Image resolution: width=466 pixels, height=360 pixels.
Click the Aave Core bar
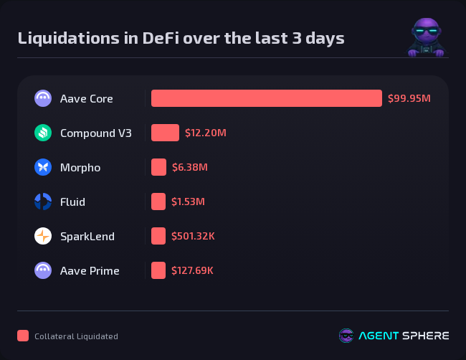pos(266,98)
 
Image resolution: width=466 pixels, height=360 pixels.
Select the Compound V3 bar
pos(165,133)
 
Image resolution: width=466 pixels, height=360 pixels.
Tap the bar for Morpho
pos(158,167)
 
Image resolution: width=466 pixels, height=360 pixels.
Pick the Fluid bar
pos(158,202)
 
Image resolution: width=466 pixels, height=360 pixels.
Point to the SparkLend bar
pos(158,236)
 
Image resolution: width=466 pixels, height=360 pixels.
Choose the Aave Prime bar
pos(158,270)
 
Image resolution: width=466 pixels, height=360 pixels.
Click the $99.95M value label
pos(409,98)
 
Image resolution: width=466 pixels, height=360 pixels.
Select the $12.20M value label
pos(206,133)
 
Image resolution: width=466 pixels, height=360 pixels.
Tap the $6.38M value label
pos(190,167)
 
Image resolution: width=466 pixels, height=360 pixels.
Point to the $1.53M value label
pos(189,202)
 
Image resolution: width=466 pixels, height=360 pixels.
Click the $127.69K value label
pos(192,270)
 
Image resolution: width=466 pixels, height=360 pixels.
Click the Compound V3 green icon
pos(43,133)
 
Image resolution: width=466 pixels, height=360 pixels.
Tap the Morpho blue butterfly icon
pos(43,167)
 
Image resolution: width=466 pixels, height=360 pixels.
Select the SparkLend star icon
pos(43,236)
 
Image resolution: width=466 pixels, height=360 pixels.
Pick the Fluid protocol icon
pos(43,202)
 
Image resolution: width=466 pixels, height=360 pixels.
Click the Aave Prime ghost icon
pos(43,270)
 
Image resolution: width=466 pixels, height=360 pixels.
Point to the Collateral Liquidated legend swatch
pos(23,336)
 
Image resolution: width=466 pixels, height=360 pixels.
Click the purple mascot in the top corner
pos(426,37)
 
